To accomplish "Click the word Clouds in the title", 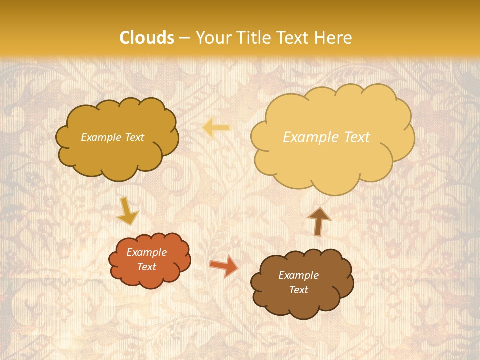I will [147, 38].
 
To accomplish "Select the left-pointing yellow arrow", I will [216, 128].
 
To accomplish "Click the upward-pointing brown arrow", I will [319, 221].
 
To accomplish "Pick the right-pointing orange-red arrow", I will [223, 266].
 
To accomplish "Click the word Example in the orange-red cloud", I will [146, 252].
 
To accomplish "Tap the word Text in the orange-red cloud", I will [147, 267].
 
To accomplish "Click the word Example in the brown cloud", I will [298, 275].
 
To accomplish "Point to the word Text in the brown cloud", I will [298, 290].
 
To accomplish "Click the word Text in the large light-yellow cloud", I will [357, 137].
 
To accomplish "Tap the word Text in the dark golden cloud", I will [134, 137].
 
